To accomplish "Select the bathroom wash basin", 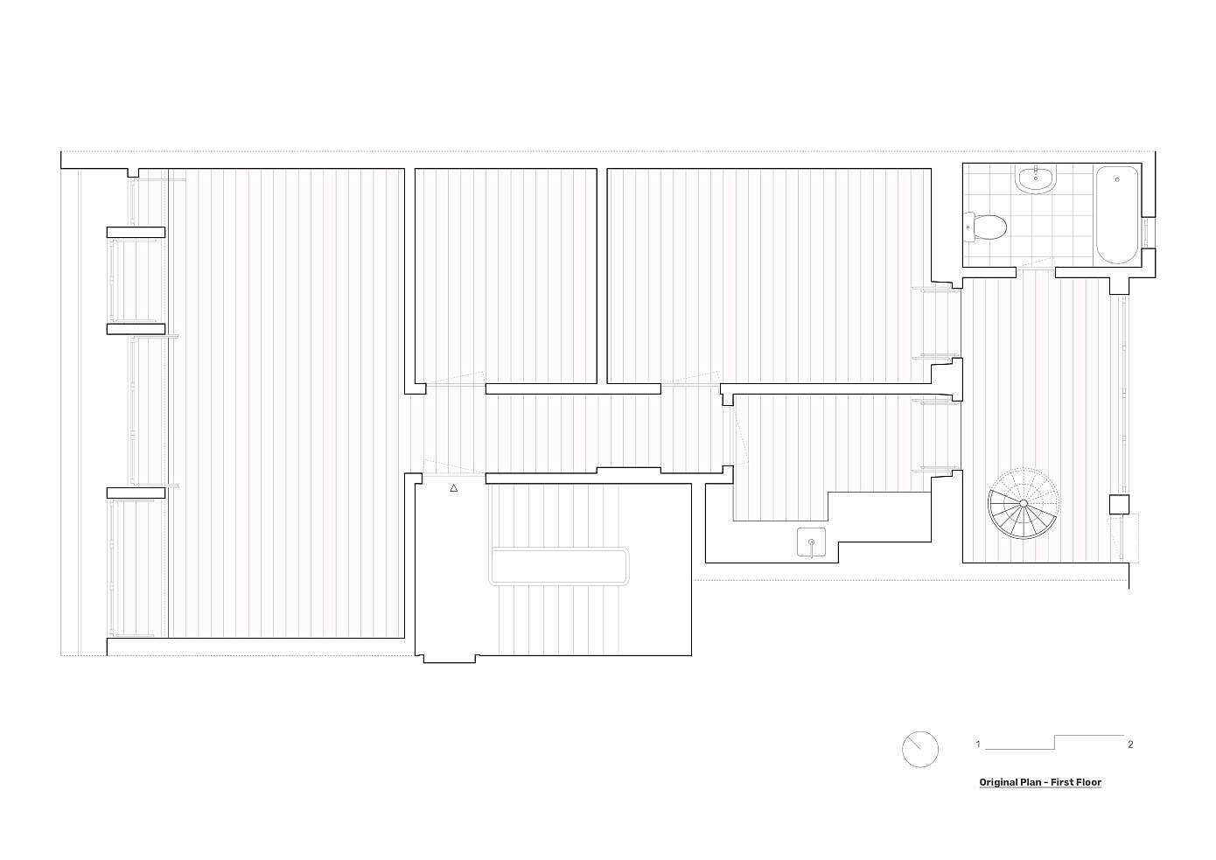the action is click(x=1036, y=179).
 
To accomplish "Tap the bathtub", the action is click(x=1116, y=215).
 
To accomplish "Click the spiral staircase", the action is click(x=1024, y=503).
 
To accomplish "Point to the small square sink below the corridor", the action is click(x=811, y=542).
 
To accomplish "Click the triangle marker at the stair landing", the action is click(x=454, y=488).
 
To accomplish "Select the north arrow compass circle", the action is click(x=920, y=749).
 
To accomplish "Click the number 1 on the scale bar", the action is click(x=978, y=745).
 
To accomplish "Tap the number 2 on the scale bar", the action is click(x=1130, y=745).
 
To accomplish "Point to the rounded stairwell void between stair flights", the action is click(x=559, y=566).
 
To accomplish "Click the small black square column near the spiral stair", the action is click(x=1119, y=505).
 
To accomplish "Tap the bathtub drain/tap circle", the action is click(x=1116, y=179).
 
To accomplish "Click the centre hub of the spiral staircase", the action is click(x=1024, y=503).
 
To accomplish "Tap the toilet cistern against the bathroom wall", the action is click(x=969, y=227).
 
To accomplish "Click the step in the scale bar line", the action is click(x=1054, y=742).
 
